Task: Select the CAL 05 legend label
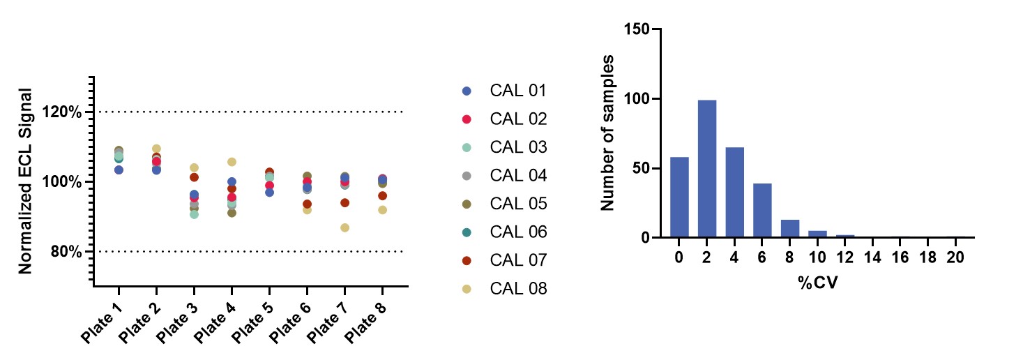click(x=518, y=204)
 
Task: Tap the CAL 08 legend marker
click(x=467, y=288)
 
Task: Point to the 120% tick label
click(x=66, y=112)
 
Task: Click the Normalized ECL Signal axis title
click(x=26, y=181)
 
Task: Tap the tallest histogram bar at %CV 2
click(x=706, y=169)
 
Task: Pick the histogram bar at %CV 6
click(x=762, y=211)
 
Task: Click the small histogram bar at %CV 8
click(x=789, y=229)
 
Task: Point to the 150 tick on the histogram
click(x=637, y=29)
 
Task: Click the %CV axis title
click(x=812, y=284)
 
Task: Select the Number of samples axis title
click(x=607, y=132)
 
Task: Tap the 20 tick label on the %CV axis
click(x=955, y=257)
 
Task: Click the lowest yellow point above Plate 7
click(x=344, y=227)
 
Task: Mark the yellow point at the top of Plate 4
click(x=232, y=162)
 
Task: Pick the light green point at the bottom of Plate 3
click(x=194, y=214)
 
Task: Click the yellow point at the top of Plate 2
click(x=156, y=149)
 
